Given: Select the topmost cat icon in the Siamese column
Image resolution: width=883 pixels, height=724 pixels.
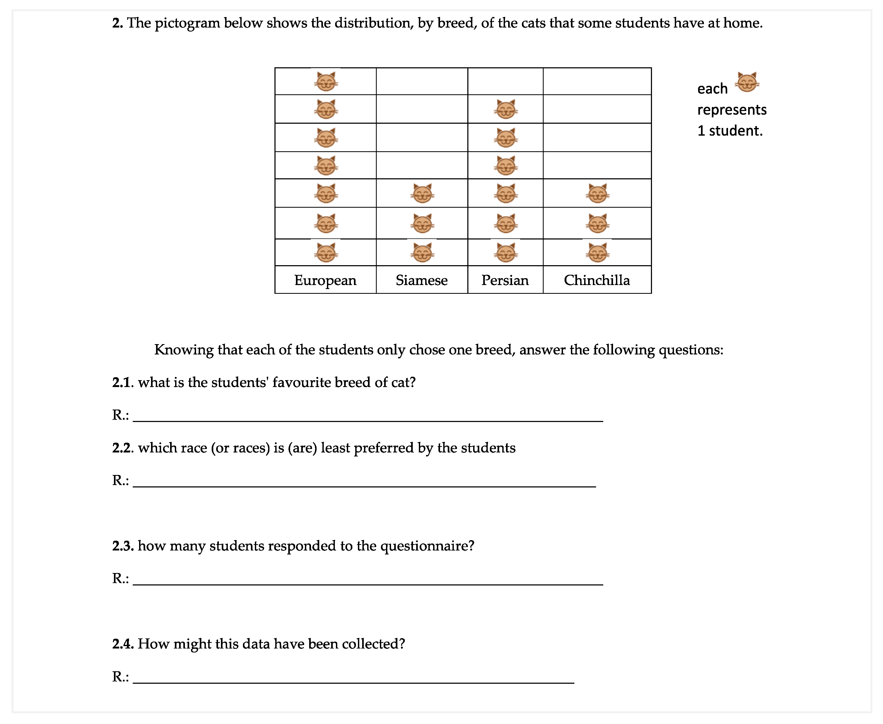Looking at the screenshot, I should click(x=422, y=193).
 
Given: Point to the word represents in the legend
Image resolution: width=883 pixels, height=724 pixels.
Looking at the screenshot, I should click(x=731, y=110).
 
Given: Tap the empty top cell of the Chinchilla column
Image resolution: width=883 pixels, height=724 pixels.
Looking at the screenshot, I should click(x=597, y=81).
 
